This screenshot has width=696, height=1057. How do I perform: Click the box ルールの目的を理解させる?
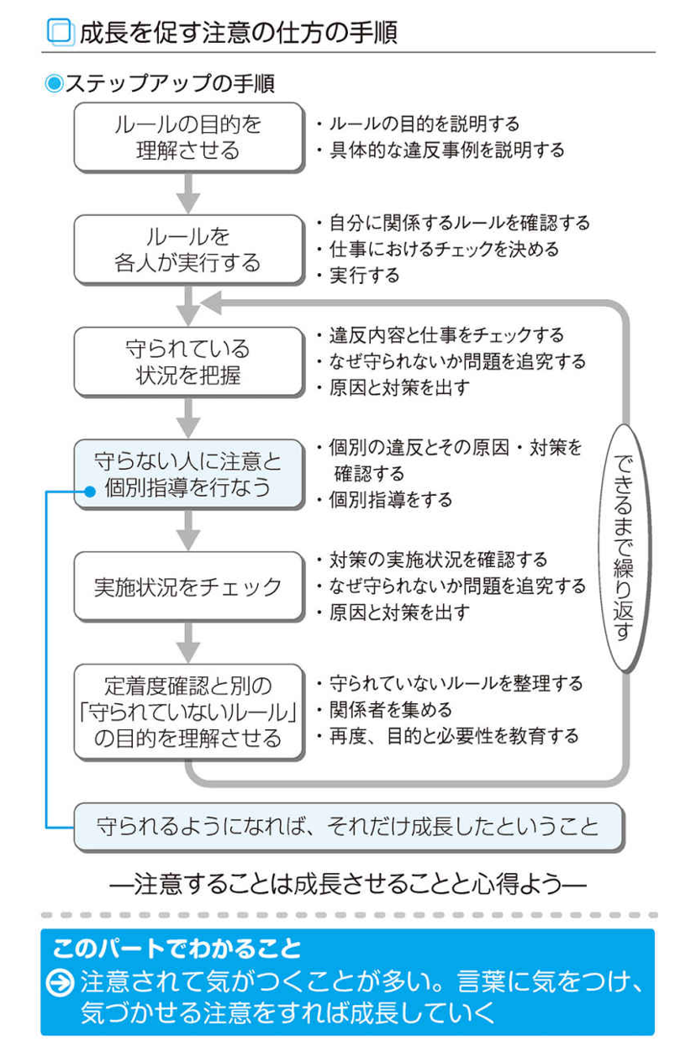click(187, 137)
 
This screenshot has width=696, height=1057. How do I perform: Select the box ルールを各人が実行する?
click(187, 250)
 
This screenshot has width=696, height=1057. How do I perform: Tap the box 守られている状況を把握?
click(187, 361)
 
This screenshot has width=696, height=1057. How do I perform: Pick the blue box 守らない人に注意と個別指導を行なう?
click(187, 474)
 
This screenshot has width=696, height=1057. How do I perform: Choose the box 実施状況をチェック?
click(187, 586)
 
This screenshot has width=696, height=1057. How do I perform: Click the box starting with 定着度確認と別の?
click(187, 712)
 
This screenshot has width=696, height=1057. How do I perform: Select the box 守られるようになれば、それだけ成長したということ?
click(348, 826)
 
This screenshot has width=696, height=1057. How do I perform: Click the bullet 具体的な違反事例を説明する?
click(445, 150)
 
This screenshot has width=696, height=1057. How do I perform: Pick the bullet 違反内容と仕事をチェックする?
click(445, 335)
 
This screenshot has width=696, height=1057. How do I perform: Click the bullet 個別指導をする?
click(390, 500)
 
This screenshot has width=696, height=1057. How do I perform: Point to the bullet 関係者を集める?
click(390, 710)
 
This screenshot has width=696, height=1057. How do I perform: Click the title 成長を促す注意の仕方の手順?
click(237, 32)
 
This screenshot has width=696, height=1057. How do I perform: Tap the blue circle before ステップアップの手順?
click(54, 84)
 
